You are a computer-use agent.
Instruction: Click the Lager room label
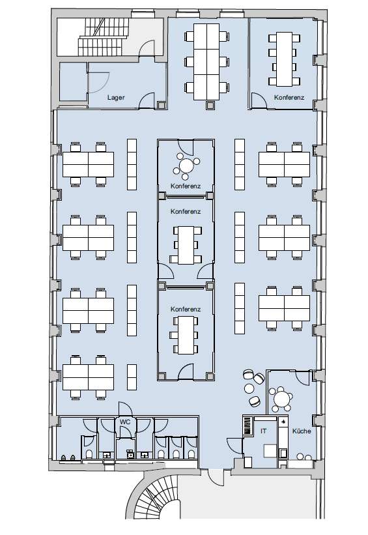[116, 97]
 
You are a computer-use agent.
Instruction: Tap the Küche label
[302, 431]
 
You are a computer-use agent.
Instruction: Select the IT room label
[263, 431]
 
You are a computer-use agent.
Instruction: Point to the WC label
[125, 422]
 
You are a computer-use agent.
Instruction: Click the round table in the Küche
[282, 398]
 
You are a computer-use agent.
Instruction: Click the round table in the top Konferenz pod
[186, 166]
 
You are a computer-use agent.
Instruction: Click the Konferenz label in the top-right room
[289, 97]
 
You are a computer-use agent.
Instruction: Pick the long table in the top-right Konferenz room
[284, 59]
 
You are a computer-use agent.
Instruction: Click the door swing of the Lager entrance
[147, 100]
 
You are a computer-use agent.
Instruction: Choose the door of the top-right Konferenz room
[259, 100]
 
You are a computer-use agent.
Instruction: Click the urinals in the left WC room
[68, 458]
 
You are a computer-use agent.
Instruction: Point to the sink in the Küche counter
[283, 453]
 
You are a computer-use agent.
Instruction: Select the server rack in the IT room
[248, 426]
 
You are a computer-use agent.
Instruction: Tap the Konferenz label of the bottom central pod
[186, 309]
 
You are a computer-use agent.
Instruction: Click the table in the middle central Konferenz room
[186, 245]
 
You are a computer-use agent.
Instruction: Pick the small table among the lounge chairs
[249, 388]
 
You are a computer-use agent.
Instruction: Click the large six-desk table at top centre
[206, 62]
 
